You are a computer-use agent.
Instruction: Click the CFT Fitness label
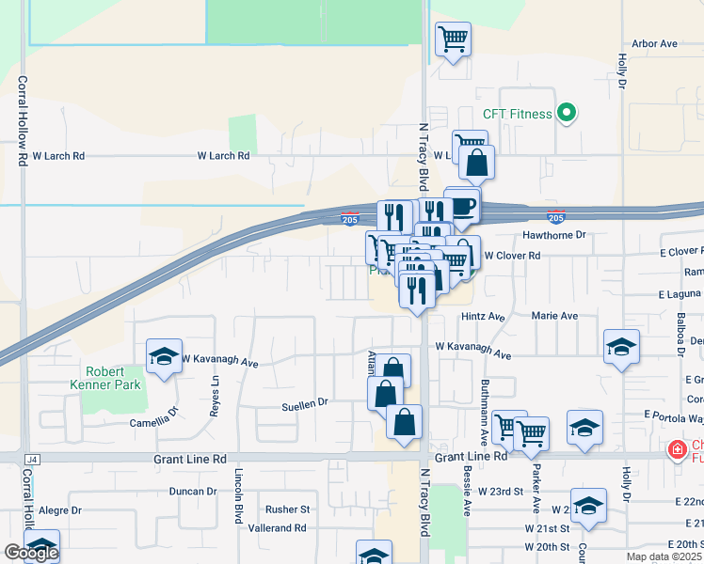(x=517, y=115)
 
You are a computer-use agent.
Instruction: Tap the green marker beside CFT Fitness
(x=566, y=115)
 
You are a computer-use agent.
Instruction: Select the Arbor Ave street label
(x=655, y=44)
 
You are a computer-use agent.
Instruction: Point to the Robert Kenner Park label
(x=104, y=378)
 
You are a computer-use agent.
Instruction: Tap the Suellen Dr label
(x=304, y=402)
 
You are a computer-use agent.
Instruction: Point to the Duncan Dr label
(x=193, y=492)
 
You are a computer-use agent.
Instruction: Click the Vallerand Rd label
(x=277, y=528)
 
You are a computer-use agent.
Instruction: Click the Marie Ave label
(x=554, y=317)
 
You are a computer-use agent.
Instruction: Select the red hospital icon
(x=676, y=451)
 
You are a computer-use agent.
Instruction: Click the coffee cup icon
(x=462, y=205)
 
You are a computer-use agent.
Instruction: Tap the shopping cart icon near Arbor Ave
(x=453, y=39)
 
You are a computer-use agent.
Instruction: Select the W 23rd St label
(x=500, y=492)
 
